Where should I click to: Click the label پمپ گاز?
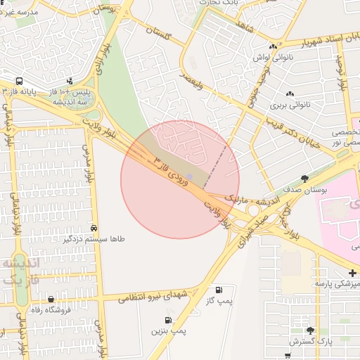pyautogui.click(x=219, y=300)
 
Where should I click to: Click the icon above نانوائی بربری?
pyautogui.click(x=290, y=94)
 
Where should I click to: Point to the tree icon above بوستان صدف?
pyautogui.click(x=304, y=179)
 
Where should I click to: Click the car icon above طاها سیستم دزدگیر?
pyautogui.click(x=94, y=229)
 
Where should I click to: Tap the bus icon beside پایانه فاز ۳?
pyautogui.click(x=19, y=81)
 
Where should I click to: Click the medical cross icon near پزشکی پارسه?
pyautogui.click(x=352, y=273)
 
